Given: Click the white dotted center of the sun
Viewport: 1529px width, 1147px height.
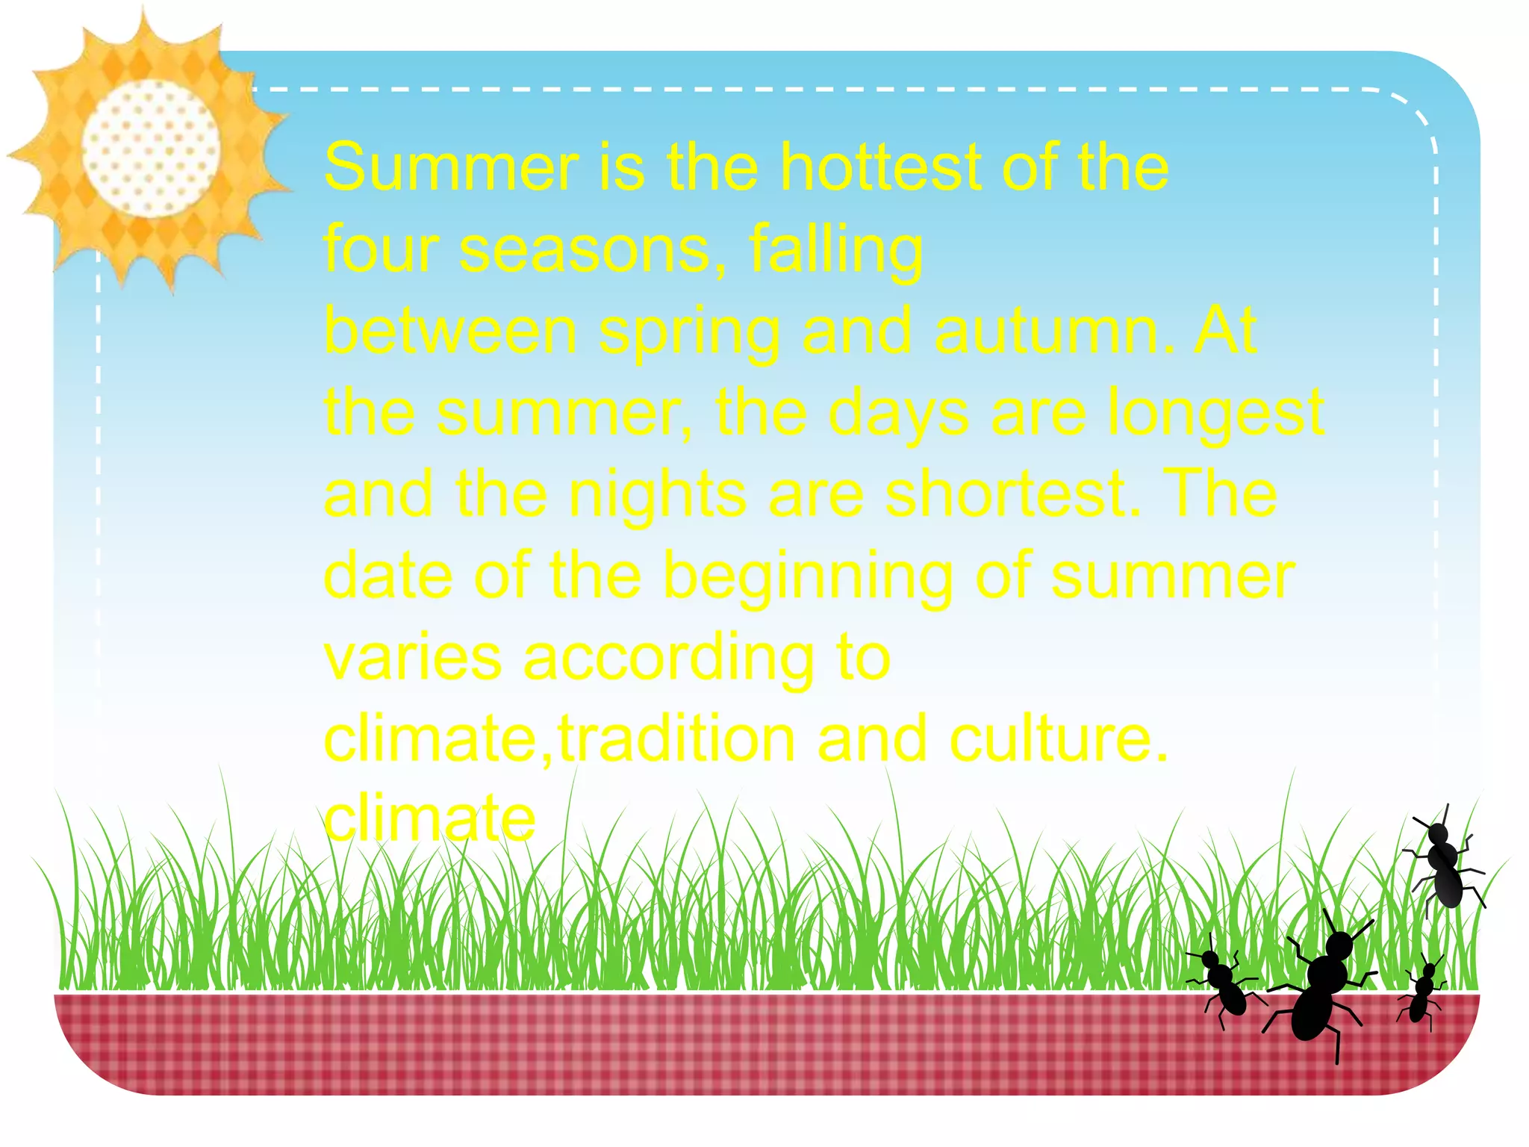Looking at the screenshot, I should coord(152,149).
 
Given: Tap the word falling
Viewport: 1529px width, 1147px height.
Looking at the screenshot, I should coord(835,251).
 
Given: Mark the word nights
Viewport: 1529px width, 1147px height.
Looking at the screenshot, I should coord(657,496).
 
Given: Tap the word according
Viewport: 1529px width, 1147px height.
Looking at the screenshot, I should coord(668,660).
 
